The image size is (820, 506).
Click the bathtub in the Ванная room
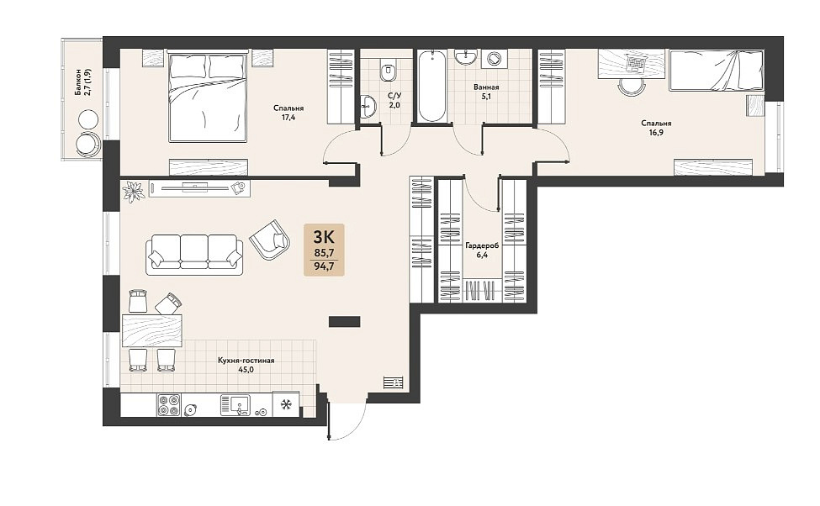[x=432, y=85]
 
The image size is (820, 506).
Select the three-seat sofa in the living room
[x=194, y=255]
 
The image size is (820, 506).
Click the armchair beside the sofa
[x=270, y=240]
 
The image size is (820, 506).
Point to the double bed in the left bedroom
[x=207, y=96]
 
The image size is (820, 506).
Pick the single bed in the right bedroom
[x=717, y=71]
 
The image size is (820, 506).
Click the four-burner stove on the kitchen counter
[x=169, y=404]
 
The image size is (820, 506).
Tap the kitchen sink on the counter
[x=235, y=404]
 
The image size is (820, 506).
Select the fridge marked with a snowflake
[x=286, y=404]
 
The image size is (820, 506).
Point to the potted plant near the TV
[x=132, y=190]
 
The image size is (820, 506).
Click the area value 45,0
[x=246, y=370]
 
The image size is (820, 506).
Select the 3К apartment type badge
[x=325, y=250]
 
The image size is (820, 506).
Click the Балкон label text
[x=78, y=82]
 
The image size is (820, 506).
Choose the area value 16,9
[x=656, y=132]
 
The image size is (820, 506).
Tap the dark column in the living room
[x=345, y=321]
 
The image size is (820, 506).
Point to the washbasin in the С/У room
[x=368, y=107]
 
